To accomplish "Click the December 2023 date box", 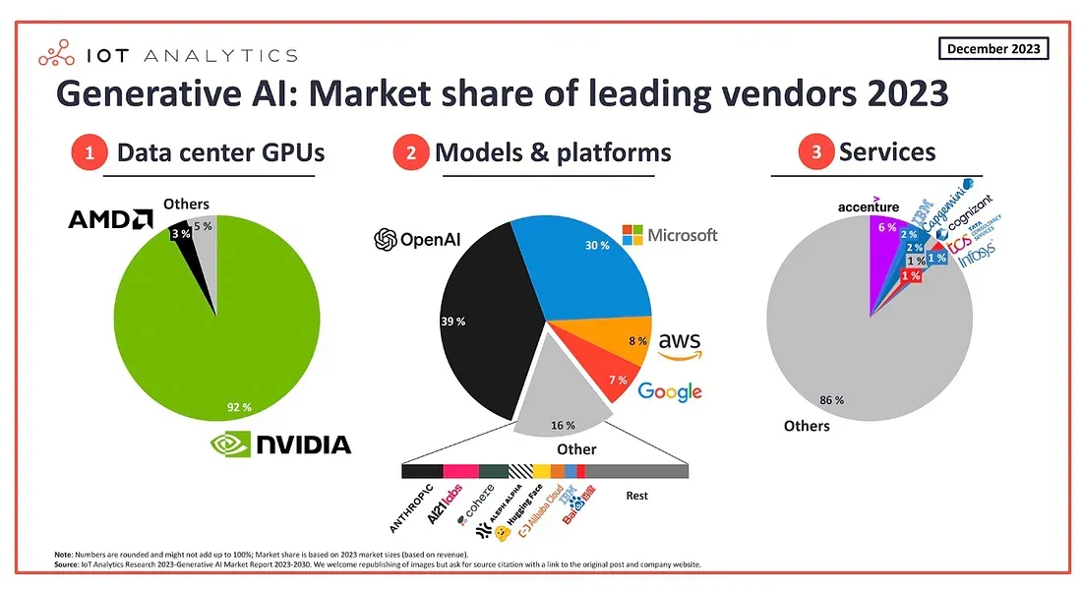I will click(x=992, y=48).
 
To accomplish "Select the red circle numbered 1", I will click(x=89, y=153).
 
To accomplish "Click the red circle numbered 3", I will click(x=815, y=153).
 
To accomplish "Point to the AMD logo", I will click(x=110, y=219).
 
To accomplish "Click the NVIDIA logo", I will click(x=280, y=444).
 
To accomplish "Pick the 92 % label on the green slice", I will click(x=239, y=406).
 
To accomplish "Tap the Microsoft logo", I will click(x=670, y=235).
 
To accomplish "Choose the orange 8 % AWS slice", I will click(x=625, y=339).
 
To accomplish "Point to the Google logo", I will click(x=670, y=391).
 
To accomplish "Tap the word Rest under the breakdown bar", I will click(x=636, y=496).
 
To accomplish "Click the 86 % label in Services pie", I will click(x=832, y=400).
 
